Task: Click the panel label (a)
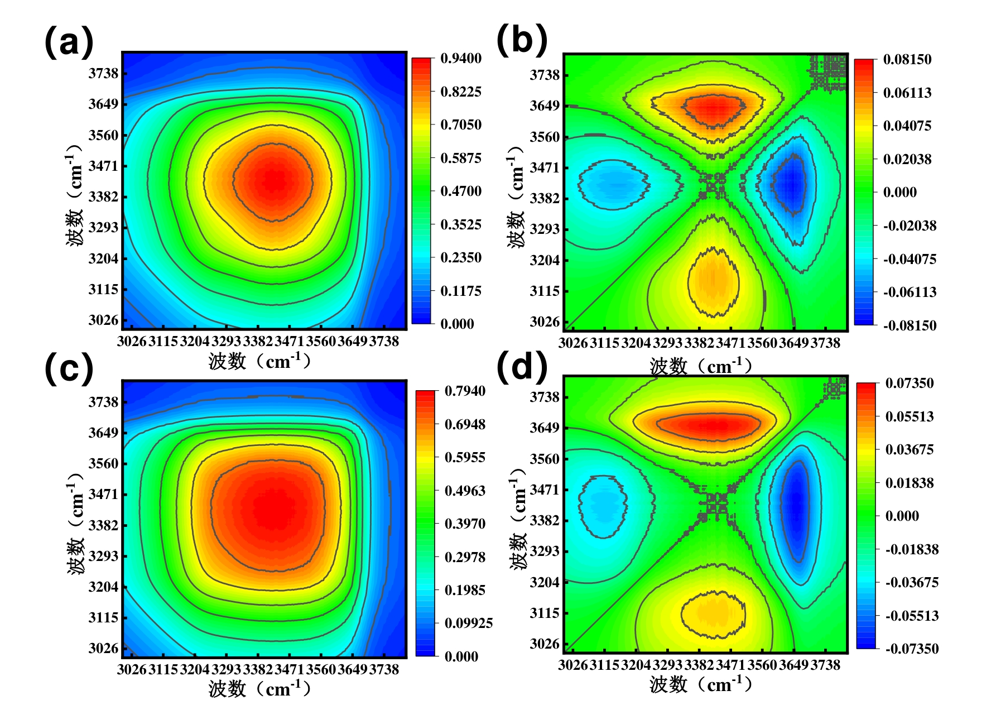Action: [69, 42]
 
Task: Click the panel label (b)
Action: [522, 40]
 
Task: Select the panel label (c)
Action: [69, 369]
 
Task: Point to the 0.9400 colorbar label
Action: [460, 59]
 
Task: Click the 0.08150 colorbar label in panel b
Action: [907, 60]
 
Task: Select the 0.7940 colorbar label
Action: [465, 391]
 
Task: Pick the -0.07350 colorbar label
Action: [912, 649]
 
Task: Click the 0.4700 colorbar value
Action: [460, 191]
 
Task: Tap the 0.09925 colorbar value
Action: [468, 624]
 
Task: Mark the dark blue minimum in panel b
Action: [791, 184]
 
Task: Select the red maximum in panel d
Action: [711, 425]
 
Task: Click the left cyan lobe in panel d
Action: [603, 505]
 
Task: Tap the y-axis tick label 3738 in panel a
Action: [103, 73]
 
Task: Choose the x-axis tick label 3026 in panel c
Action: [132, 669]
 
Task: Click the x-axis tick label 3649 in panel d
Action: [793, 665]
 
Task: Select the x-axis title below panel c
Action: [259, 689]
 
